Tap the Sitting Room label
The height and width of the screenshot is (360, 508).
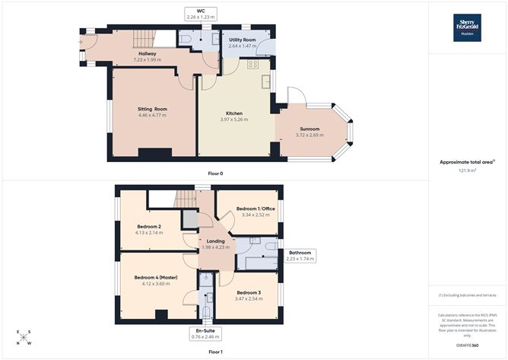[x=152, y=109]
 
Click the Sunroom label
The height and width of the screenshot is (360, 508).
[x=308, y=129]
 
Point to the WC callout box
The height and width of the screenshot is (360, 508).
[x=201, y=14]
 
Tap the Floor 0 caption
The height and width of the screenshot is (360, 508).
[x=216, y=174]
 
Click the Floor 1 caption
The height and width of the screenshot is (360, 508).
[x=216, y=352]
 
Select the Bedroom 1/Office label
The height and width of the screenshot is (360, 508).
[x=256, y=208]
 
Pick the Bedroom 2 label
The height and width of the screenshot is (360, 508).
[x=149, y=226]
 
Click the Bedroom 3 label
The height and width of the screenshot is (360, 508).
[x=249, y=292]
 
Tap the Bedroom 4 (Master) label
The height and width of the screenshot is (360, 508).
[x=155, y=277]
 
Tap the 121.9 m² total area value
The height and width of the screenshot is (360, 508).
[x=468, y=170]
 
